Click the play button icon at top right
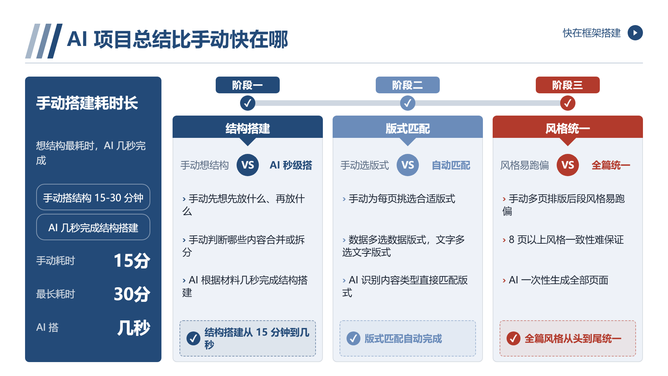point(635,33)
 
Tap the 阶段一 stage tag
point(247,85)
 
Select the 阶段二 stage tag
point(407,85)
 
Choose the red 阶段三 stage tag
point(567,85)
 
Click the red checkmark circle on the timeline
point(567,103)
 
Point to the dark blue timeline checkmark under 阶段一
point(247,103)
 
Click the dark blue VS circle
point(247,165)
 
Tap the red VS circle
point(567,165)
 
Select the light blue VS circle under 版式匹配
point(407,165)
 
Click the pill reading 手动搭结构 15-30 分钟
point(93,197)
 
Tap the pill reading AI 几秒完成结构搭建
point(93,227)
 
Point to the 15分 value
point(132,260)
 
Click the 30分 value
point(132,294)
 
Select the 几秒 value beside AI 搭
point(134,327)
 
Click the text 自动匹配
point(451,165)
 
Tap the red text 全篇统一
point(611,165)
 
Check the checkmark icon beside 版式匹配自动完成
point(353,338)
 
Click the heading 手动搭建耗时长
point(87,103)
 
